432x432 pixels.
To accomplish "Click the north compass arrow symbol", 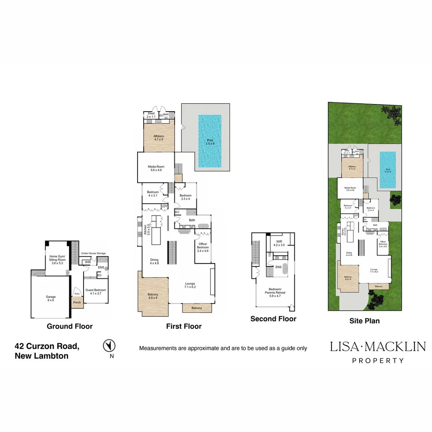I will pos(109,345).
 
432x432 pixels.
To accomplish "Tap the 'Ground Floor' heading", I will pos(70,326).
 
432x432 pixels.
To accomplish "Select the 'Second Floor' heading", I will pos(273,319).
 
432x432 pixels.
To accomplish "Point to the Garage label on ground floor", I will pos(51,299).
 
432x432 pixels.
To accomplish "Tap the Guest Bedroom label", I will pos(96,292).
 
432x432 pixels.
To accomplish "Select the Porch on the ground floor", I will pos(77,302).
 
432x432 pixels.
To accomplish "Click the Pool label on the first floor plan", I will pos(210,142).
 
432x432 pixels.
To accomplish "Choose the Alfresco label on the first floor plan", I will pos(159,138).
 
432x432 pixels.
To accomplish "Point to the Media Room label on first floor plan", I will pos(155,168).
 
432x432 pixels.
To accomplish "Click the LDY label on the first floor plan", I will pos(164,206).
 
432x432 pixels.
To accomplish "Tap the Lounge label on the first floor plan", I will pos(190,285).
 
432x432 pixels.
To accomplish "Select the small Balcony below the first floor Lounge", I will pos(196,308).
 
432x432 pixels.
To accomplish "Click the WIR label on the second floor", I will pos(278,243).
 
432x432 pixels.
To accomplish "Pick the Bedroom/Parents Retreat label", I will pos(274,294).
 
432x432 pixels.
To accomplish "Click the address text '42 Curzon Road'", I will pos(47,346).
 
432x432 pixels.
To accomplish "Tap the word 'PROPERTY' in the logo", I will pos(378,360).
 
